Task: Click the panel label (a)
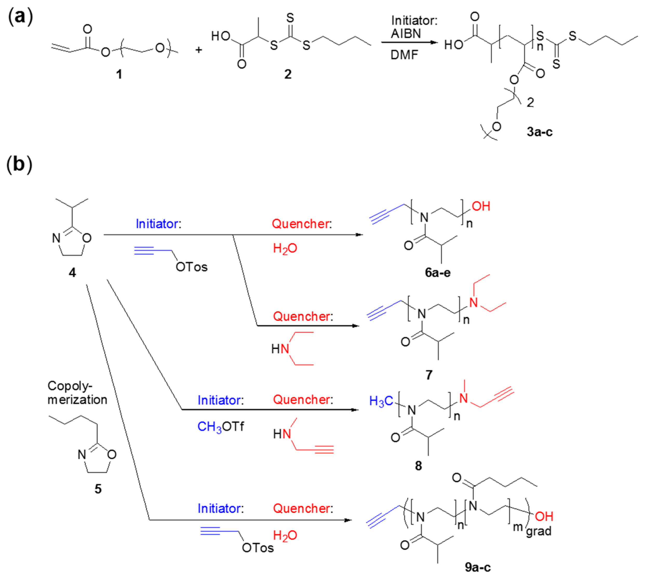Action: [x=20, y=17]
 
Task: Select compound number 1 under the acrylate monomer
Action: [x=119, y=74]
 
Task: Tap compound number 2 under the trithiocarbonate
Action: [x=288, y=74]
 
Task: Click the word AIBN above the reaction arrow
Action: [x=406, y=34]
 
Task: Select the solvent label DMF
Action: [x=404, y=55]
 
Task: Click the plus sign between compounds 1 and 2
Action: [x=198, y=50]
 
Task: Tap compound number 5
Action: [x=98, y=489]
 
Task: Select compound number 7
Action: [x=429, y=375]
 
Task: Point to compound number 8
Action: [x=418, y=466]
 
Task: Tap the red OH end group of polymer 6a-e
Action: [x=481, y=206]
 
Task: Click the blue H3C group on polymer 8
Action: [x=381, y=401]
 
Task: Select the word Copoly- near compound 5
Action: [x=70, y=386]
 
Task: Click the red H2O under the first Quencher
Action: [x=285, y=248]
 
